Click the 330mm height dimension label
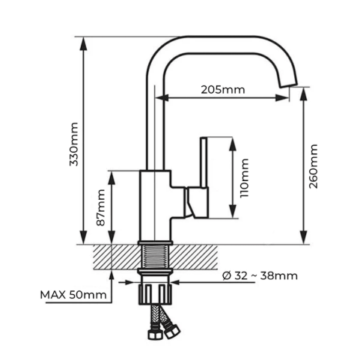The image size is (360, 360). tap(74, 144)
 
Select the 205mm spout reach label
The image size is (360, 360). tap(223, 90)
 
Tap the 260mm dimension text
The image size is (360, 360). tap(313, 166)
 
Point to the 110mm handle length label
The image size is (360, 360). tap(244, 177)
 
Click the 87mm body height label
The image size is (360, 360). tap(101, 207)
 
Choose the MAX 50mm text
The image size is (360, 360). tap(73, 295)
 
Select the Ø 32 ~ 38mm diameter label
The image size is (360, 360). tap(260, 276)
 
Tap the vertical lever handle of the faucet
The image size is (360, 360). tap(204, 162)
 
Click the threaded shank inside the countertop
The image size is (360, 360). tap(155, 257)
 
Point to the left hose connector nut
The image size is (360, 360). tap(155, 334)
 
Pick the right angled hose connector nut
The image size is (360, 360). tap(172, 331)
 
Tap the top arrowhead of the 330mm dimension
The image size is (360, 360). tap(84, 44)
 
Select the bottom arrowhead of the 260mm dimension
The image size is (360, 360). tap(304, 237)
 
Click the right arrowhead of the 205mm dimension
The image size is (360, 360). tap(282, 97)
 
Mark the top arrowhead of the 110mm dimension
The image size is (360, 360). tap(233, 144)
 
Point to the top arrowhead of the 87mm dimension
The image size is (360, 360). tap(112, 178)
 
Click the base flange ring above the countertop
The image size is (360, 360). tap(155, 242)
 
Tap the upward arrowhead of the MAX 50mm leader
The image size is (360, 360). tap(112, 276)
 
